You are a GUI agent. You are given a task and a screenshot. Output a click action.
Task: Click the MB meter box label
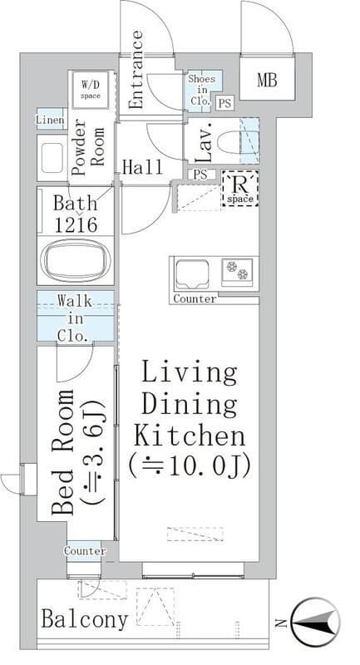pos(267,80)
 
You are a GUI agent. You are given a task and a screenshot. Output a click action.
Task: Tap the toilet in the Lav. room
pos(229,141)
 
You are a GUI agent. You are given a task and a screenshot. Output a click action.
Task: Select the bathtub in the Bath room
pos(75,260)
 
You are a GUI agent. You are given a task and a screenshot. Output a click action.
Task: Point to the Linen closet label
pos(51,120)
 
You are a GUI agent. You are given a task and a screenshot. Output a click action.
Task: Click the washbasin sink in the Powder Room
pos(52,159)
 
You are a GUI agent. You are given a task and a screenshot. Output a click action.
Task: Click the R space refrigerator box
pos(240,189)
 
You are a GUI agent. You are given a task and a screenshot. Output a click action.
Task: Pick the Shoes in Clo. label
pos(202,90)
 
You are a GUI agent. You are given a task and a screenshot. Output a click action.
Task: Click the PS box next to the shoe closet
pos(224,103)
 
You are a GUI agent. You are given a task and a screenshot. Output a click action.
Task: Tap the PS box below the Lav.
pos(200,175)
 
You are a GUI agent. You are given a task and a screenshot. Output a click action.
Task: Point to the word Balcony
pos(85,619)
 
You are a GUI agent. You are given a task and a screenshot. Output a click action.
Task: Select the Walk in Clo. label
pos(75,318)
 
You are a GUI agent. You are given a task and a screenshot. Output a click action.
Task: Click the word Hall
pos(142,168)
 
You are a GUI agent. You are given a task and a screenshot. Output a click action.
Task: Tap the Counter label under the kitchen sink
pos(195,299)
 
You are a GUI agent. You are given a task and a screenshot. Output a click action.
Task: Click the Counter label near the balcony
pos(85,551)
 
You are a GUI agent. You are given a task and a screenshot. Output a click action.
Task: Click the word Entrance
pos(136,70)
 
